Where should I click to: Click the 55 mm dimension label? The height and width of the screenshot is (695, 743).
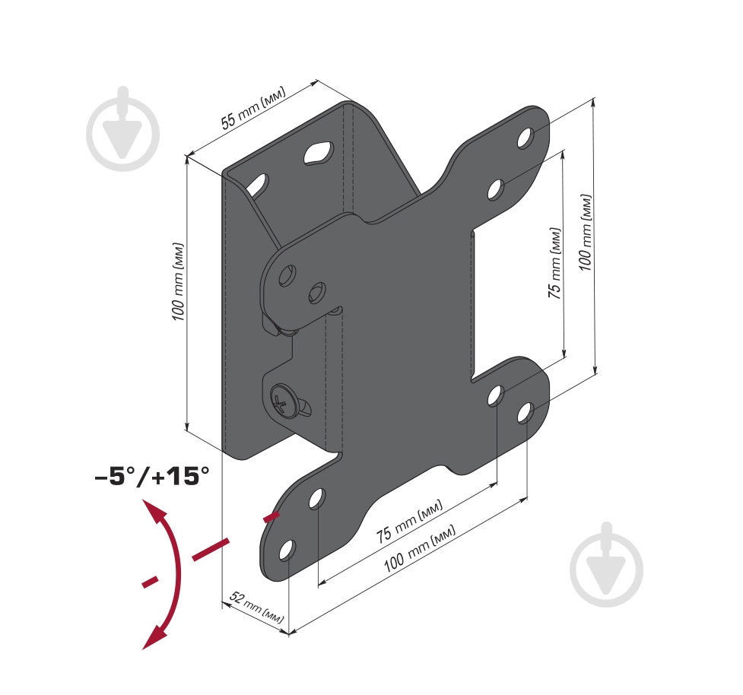pyautogui.click(x=253, y=108)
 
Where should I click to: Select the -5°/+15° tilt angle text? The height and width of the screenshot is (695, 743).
pyautogui.click(x=152, y=476)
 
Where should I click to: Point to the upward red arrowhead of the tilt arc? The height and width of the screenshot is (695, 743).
pyautogui.click(x=155, y=511)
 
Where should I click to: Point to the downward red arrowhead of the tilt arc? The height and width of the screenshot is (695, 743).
pyautogui.click(x=154, y=637)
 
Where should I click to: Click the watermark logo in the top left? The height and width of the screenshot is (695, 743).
pyautogui.click(x=123, y=129)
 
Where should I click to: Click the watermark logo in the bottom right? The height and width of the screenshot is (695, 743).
pyautogui.click(x=607, y=565)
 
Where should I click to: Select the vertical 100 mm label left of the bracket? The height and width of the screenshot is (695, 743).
pyautogui.click(x=178, y=282)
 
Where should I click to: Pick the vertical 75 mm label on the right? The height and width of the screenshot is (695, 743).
pyautogui.click(x=554, y=263)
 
